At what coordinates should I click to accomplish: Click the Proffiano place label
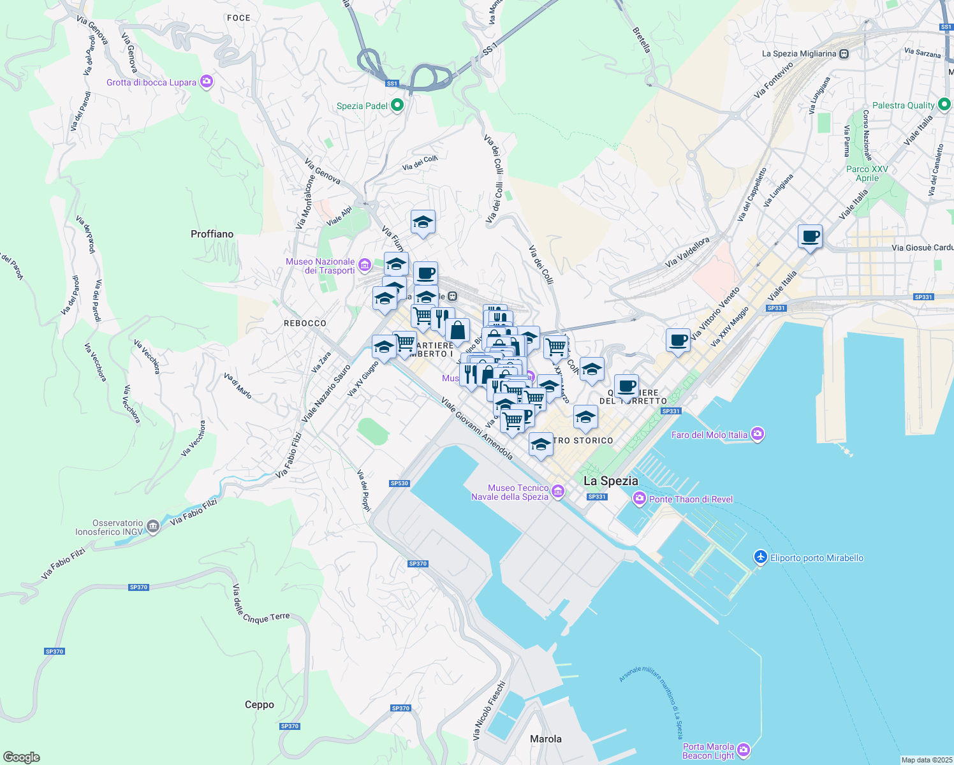point(212,234)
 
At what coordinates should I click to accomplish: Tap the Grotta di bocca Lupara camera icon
point(206,82)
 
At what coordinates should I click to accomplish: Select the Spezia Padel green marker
point(397,105)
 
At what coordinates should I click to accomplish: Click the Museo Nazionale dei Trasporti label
point(320,266)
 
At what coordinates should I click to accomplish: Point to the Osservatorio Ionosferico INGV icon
point(152,527)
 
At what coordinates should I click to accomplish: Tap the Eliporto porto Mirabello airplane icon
point(760,557)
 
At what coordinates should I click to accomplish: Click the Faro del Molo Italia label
point(709,435)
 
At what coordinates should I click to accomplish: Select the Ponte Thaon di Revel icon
point(640,499)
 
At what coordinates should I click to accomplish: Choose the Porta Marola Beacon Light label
point(708,751)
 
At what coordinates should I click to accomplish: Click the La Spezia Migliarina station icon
point(844,54)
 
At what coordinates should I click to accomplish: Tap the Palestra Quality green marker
point(944,105)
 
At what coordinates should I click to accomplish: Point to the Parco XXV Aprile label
point(867,173)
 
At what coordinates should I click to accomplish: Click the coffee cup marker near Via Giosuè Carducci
point(810,237)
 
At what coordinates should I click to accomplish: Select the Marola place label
point(546,739)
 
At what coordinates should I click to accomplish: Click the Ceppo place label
point(260,704)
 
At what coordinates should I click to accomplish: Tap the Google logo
point(21,757)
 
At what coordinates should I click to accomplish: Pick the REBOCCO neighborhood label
point(305,323)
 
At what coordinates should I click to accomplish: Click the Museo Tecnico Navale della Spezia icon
point(558,491)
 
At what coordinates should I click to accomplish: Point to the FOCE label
point(238,18)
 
